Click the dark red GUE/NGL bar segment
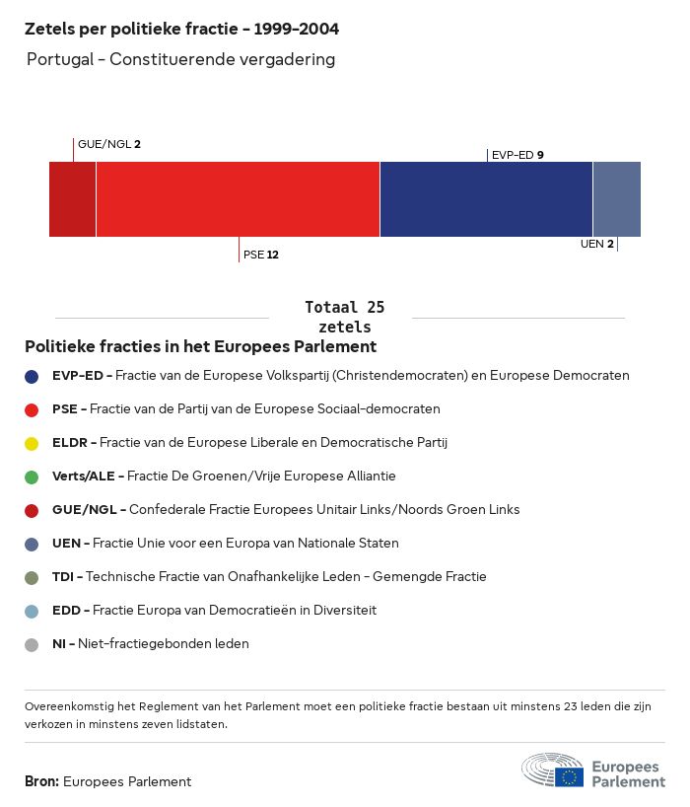(72, 199)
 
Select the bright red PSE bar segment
(238, 199)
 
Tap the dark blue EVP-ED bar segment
(486, 199)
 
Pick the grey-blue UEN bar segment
(616, 199)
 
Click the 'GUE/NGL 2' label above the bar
(109, 144)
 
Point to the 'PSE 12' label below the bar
(261, 255)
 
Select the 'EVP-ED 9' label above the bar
(517, 155)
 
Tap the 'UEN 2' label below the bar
(597, 244)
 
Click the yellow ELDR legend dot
(32, 443)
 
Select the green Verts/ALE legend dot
(32, 477)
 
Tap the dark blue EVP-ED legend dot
(32, 376)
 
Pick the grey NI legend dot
(32, 644)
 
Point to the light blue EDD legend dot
(32, 611)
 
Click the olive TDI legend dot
(32, 577)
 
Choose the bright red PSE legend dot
(32, 409)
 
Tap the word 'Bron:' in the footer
(41, 781)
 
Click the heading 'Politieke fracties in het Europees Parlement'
(200, 346)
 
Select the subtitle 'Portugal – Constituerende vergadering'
(181, 59)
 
